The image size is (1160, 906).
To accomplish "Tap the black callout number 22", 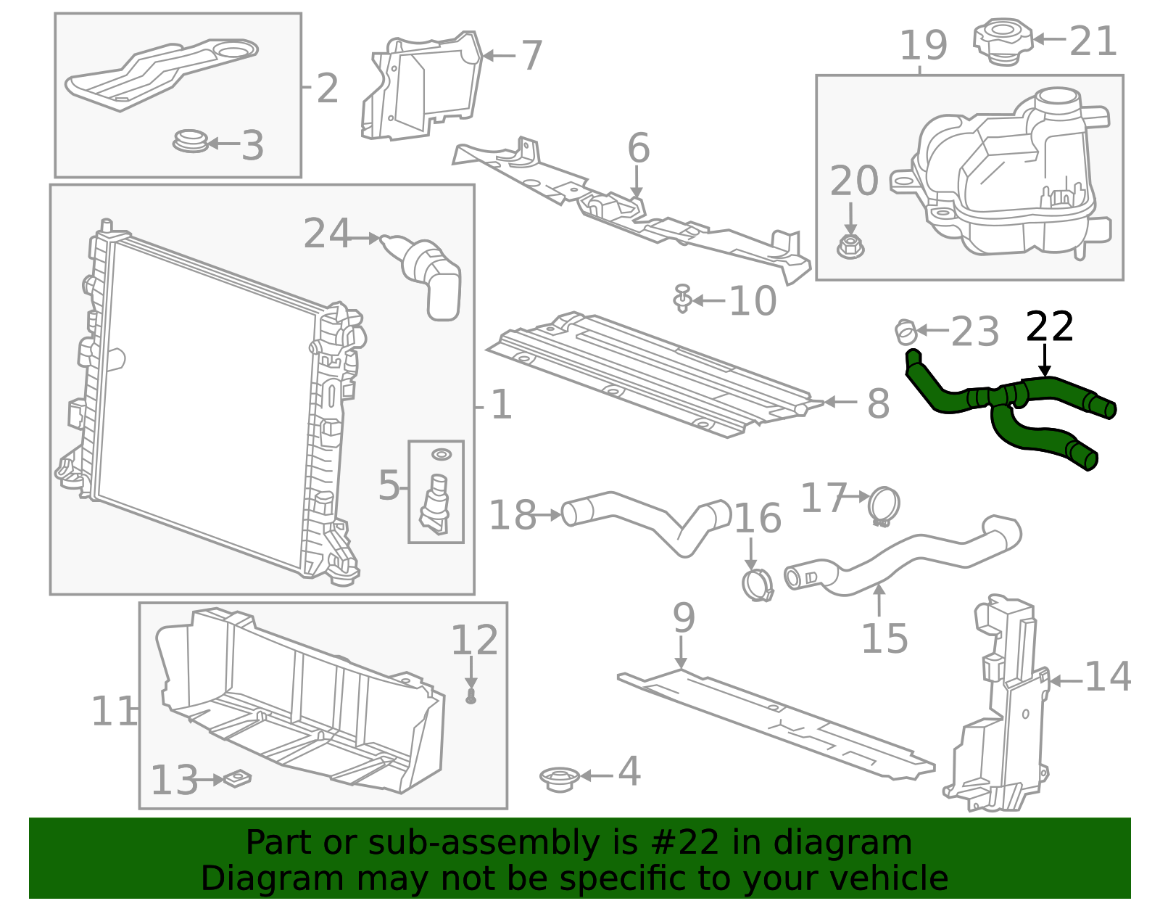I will point(1049,328).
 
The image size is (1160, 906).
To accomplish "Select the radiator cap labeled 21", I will point(1003,42).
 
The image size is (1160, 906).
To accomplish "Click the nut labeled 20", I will point(850,247).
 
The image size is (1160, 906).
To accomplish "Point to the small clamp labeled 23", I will point(905,332).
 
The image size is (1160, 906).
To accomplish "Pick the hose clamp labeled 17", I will point(884,506).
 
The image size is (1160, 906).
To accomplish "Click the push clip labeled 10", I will point(681,298).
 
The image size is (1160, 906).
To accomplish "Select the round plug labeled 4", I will point(560,778).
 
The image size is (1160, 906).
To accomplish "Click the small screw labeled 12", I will point(471,697).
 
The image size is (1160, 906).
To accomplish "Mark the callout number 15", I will point(884,638).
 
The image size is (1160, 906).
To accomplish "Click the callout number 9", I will point(684,618).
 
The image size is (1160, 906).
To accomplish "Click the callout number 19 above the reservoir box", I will point(923,46).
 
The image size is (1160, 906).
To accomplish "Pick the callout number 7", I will point(532,56).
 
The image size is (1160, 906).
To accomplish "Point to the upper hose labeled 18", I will point(645,519).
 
